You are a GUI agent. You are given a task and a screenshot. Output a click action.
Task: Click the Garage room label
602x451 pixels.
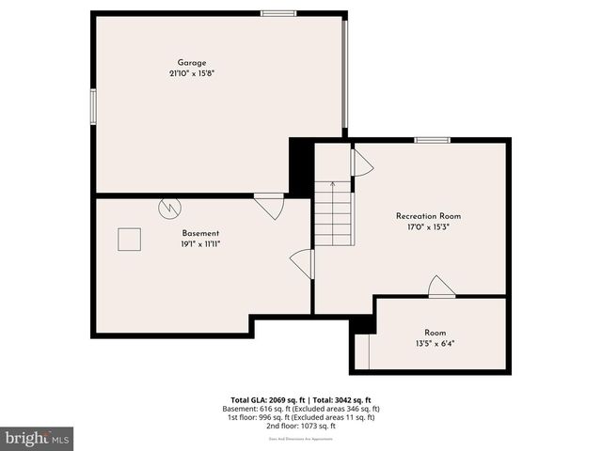point(192,63)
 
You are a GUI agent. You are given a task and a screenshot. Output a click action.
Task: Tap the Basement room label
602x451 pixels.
point(200,233)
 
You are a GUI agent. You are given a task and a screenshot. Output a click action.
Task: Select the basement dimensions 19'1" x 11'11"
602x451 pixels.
point(200,243)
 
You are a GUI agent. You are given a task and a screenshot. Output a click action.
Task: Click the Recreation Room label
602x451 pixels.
point(428,216)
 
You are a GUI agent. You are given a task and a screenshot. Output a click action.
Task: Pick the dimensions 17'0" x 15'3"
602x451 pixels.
point(428,226)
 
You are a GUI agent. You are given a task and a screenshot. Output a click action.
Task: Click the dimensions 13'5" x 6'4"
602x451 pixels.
point(435,343)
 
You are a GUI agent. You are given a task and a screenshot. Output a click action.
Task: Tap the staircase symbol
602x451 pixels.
point(333,213)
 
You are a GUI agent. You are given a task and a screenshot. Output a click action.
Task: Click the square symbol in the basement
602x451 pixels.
point(129,240)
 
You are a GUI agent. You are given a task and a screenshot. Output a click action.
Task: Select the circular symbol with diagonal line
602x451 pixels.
point(169,205)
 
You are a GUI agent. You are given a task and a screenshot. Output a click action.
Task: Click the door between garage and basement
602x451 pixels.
point(270,205)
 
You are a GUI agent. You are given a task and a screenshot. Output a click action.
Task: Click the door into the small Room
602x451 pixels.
point(441,288)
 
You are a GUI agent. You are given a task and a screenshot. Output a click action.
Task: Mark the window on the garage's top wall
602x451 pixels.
point(278,13)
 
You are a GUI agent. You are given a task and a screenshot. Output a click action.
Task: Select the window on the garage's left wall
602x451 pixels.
point(92,105)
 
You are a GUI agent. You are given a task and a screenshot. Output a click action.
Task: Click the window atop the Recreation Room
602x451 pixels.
point(432,140)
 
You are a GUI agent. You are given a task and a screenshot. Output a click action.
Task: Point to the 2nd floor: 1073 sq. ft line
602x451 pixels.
point(301,426)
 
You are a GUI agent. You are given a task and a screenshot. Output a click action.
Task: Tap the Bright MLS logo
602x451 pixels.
point(38,438)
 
